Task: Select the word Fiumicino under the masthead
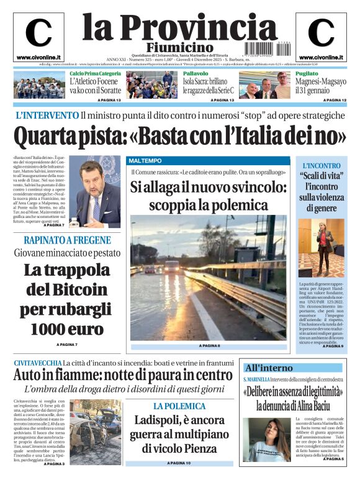pos(180,48)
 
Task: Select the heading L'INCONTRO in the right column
pos(322,166)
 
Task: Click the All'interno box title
pos(269,367)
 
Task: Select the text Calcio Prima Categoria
pos(95,73)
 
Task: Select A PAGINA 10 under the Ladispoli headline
pos(179,463)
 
